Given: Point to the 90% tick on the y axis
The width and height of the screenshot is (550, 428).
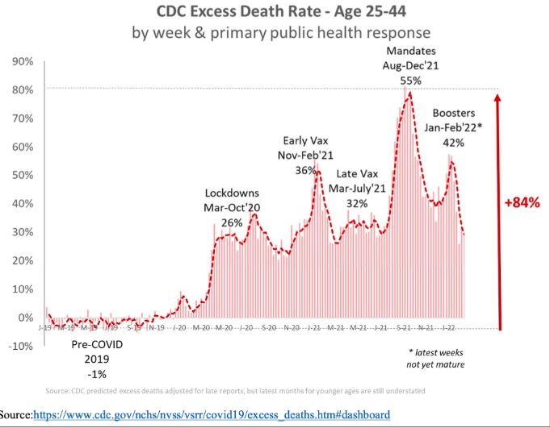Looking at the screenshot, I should tap(22, 61).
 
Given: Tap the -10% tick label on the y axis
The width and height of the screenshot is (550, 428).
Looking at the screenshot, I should tap(20, 346).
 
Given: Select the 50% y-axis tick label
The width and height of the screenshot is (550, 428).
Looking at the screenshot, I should tap(22, 175).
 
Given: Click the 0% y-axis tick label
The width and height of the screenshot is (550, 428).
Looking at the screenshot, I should tap(25, 317).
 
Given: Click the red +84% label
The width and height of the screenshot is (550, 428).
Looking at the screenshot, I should tap(522, 202).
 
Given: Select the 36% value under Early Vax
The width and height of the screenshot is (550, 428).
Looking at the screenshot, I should tap(306, 169).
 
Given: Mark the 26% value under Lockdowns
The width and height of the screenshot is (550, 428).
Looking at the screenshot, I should tap(232, 222).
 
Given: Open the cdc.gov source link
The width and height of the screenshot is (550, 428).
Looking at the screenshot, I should tap(212, 415).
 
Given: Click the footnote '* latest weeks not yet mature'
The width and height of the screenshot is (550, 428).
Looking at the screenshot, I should tap(435, 359).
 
